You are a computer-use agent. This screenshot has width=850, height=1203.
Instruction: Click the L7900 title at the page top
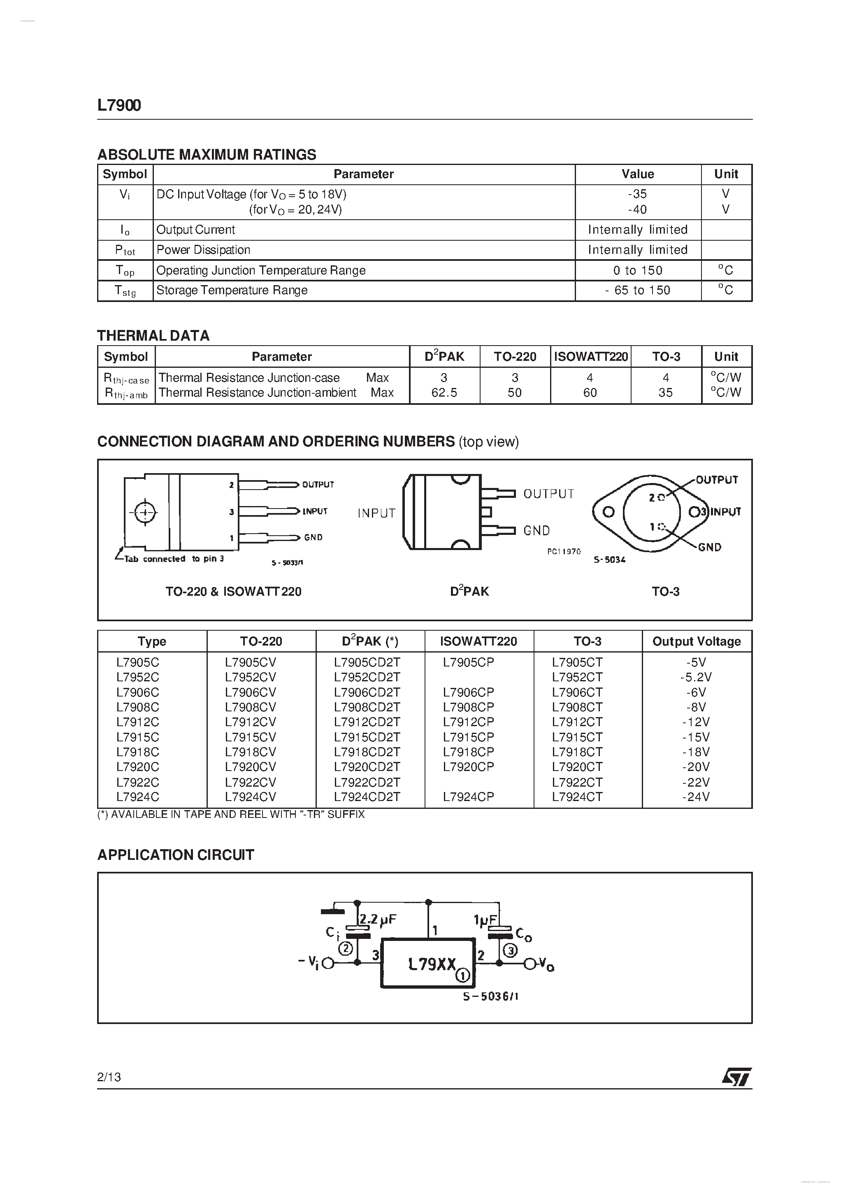tap(119, 105)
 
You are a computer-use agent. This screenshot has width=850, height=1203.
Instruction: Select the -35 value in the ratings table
tap(637, 194)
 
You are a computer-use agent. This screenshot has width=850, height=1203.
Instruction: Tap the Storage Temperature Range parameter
tap(232, 290)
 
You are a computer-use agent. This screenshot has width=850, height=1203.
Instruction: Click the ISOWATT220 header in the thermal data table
tap(591, 357)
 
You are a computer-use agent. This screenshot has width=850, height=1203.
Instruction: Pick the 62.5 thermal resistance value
tap(444, 392)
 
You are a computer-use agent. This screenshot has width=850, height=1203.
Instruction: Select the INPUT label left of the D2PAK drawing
tap(376, 513)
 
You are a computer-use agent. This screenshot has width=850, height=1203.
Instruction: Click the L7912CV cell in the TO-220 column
tap(251, 722)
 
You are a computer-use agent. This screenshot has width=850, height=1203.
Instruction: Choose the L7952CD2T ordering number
tap(367, 677)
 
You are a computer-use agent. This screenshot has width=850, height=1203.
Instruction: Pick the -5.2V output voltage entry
tap(696, 677)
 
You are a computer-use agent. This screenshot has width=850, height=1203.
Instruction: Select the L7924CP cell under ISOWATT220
tap(468, 797)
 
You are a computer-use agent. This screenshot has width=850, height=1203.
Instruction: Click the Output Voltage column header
tap(697, 641)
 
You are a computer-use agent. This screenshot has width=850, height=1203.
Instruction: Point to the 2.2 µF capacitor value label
tap(379, 920)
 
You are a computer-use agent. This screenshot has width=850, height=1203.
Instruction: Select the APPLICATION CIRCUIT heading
tap(176, 855)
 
